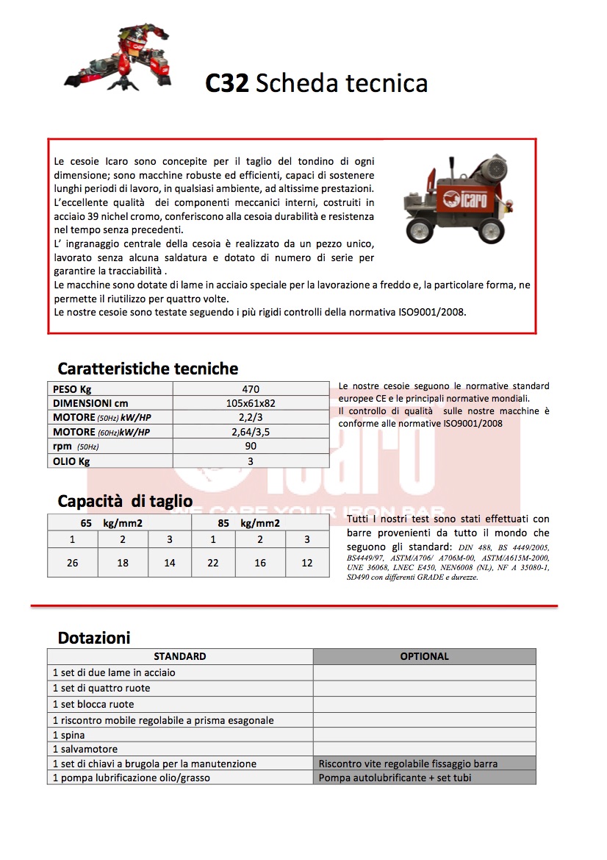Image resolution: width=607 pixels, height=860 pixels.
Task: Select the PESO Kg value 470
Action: [x=251, y=389]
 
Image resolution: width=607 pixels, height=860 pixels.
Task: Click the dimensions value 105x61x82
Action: [x=251, y=403]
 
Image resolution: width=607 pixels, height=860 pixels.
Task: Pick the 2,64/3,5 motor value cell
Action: [x=251, y=432]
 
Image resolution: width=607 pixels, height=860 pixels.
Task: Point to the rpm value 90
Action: [x=251, y=446]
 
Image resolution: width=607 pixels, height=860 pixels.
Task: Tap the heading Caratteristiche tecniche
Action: [x=148, y=369]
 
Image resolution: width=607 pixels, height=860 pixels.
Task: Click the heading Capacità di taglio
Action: [x=125, y=502]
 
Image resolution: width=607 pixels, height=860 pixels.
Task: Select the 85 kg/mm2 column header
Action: [x=248, y=523]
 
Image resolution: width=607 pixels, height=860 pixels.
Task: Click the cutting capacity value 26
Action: [x=72, y=563]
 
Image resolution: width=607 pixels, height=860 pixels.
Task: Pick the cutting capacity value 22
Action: [x=213, y=563]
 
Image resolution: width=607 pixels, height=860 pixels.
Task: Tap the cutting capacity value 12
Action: [x=307, y=563]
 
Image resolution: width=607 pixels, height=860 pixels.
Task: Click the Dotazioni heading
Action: [x=94, y=637]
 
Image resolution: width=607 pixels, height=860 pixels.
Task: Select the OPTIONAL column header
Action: [x=424, y=656]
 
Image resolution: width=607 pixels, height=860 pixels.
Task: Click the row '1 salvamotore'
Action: [x=86, y=748]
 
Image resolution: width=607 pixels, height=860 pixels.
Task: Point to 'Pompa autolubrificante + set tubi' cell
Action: [x=395, y=778]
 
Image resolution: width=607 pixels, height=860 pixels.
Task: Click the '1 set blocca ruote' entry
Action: [x=93, y=704]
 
